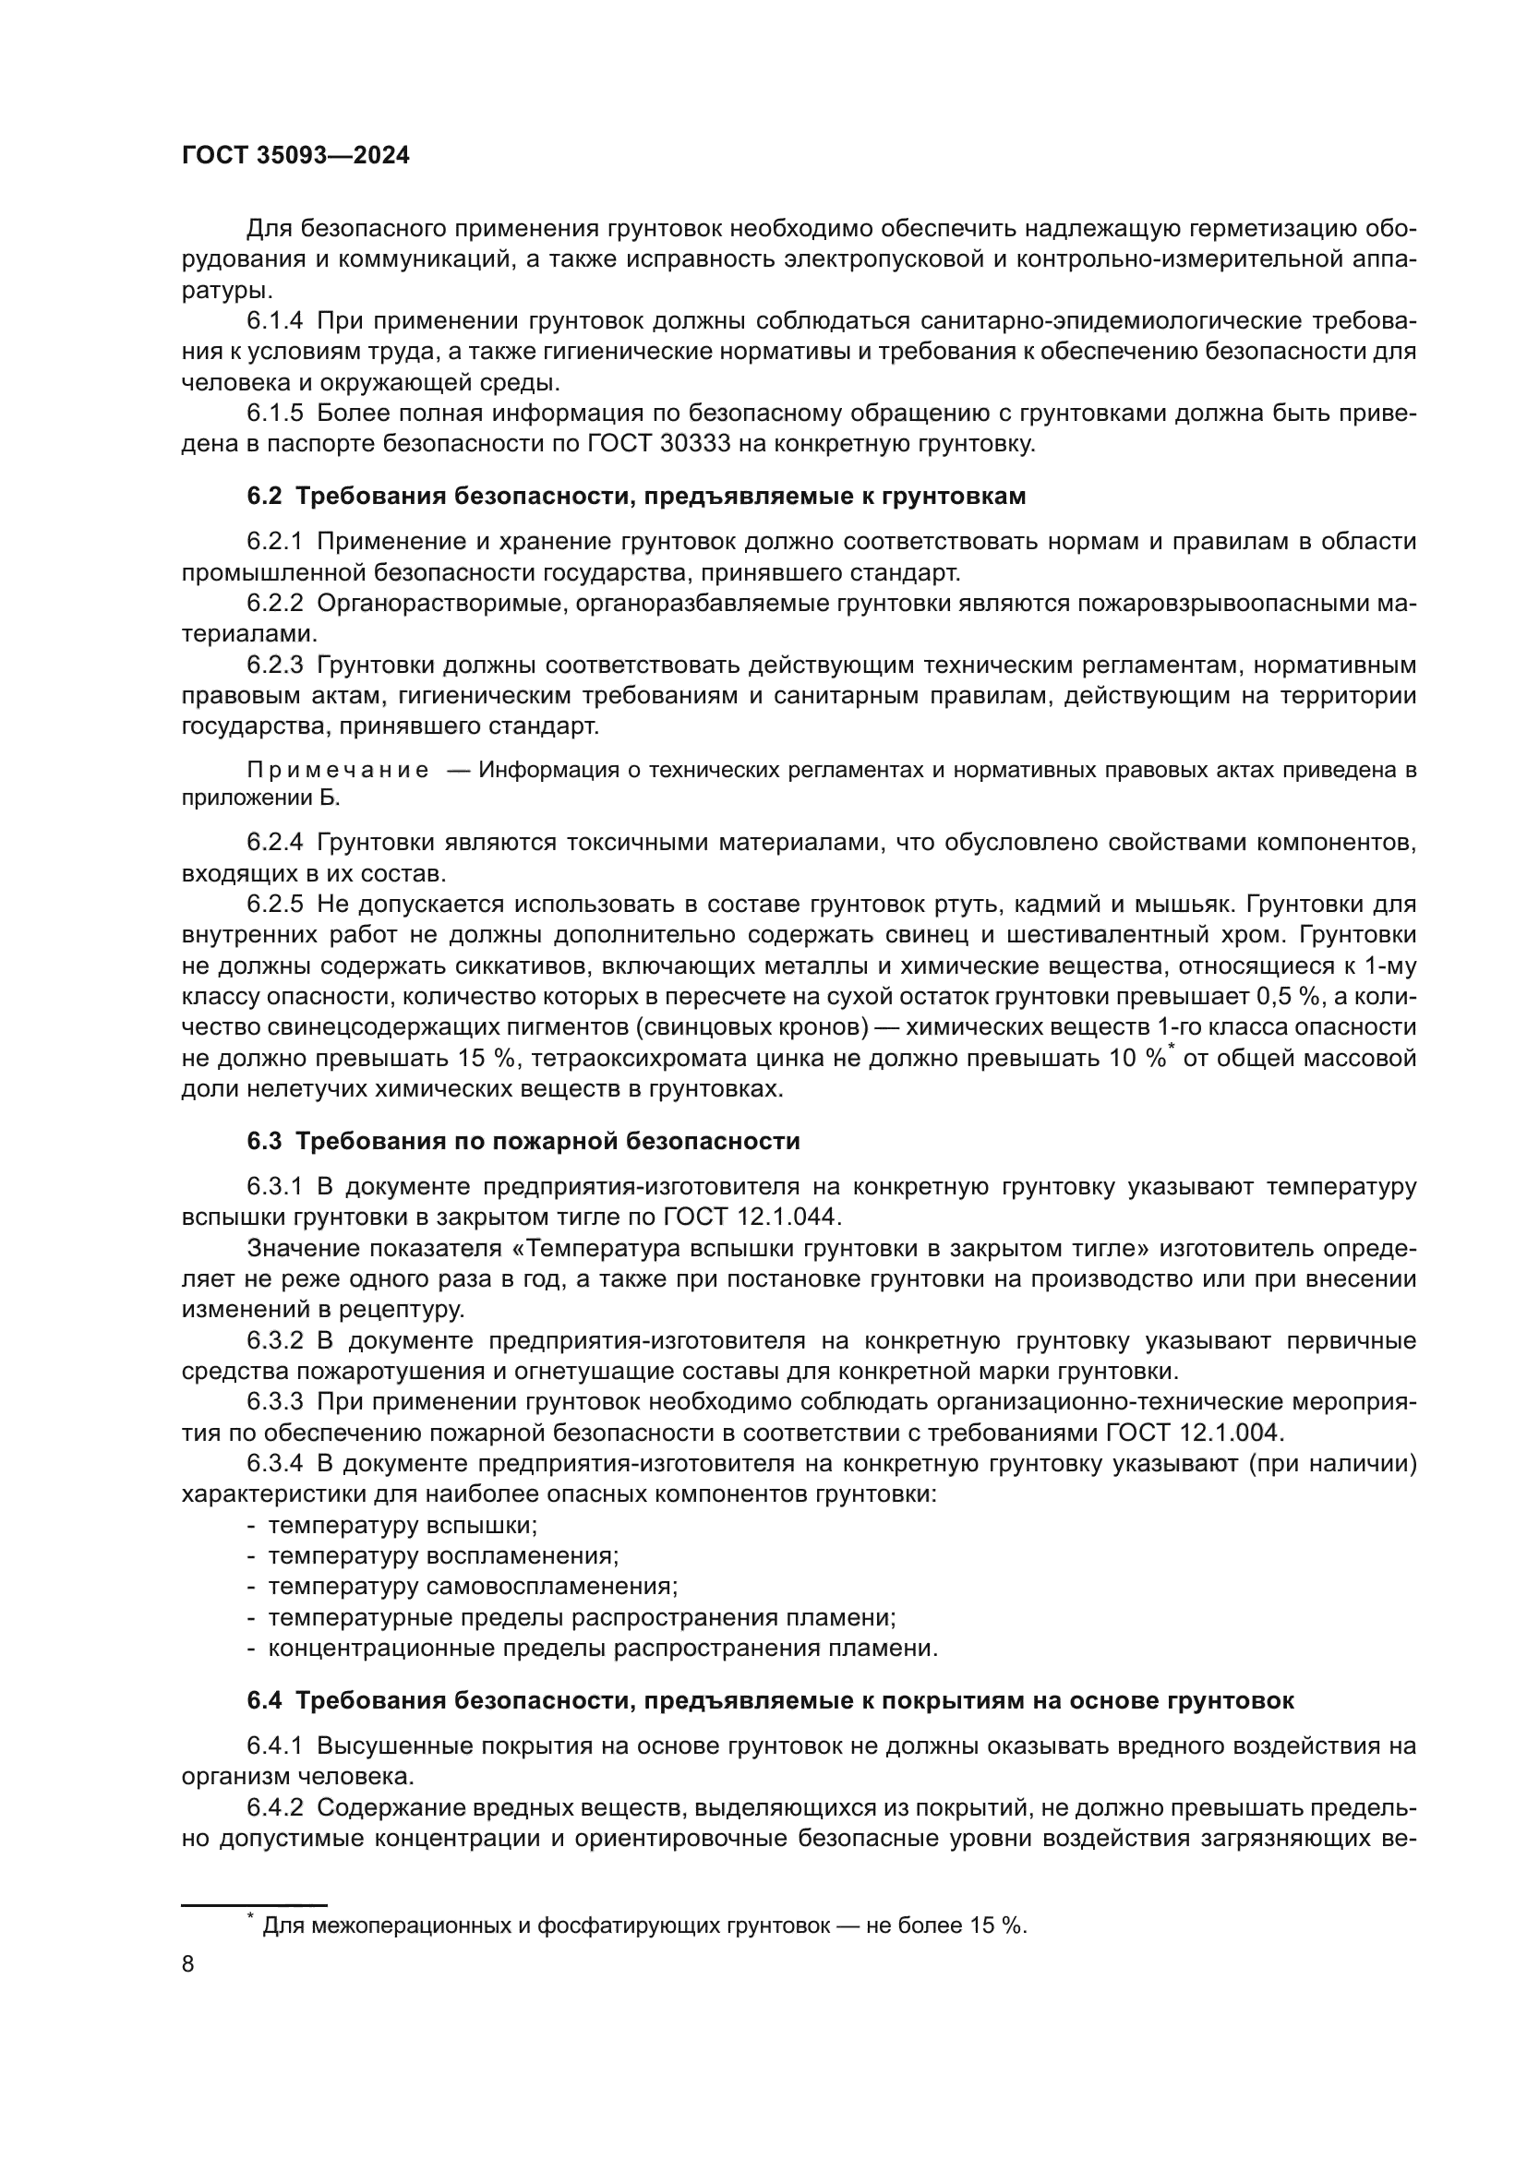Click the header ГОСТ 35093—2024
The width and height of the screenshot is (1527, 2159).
pos(295,156)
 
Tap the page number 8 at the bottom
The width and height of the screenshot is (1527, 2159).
pos(188,1964)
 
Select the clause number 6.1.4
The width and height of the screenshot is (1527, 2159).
pos(274,320)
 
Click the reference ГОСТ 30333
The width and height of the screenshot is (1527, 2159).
pos(655,444)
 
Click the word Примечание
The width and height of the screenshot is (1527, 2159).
pos(338,770)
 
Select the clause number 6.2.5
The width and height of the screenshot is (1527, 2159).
pos(274,905)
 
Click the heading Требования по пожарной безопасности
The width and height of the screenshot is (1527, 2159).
pos(547,1141)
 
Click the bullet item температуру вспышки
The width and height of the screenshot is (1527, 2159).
pos(403,1525)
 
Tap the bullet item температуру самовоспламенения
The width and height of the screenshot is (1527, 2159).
pos(473,1587)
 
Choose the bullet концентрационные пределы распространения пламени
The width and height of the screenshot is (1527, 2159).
pos(603,1648)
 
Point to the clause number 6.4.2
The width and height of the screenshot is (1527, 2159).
pos(274,1807)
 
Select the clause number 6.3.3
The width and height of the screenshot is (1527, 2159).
pos(274,1401)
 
